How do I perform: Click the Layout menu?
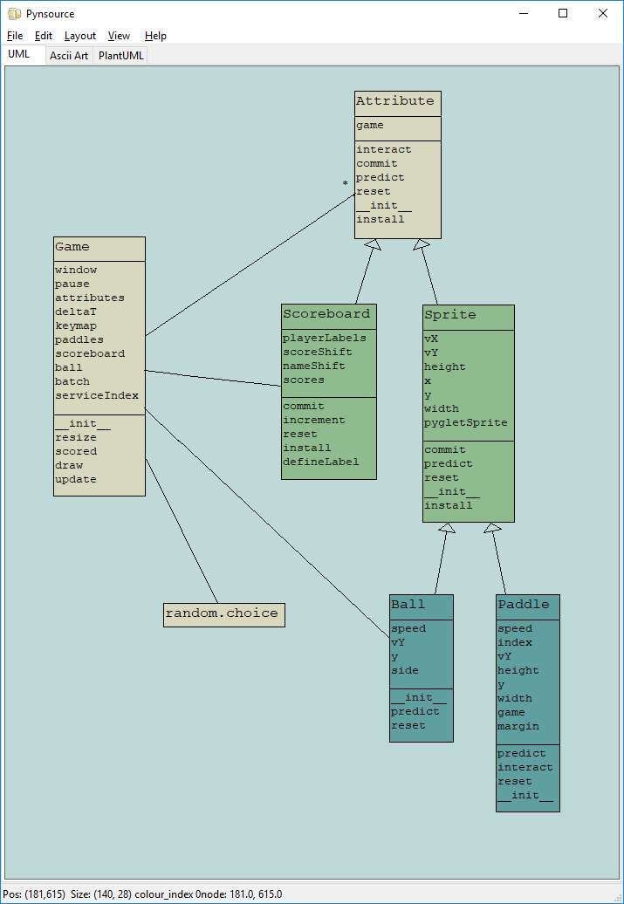(80, 36)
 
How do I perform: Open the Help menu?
(155, 36)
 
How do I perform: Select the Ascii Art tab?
(69, 55)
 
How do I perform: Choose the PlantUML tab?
(121, 55)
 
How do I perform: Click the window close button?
(603, 13)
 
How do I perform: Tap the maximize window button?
(563, 13)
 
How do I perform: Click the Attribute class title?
(394, 101)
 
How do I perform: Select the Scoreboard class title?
(326, 314)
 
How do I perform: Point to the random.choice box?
(223, 613)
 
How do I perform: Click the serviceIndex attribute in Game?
(97, 395)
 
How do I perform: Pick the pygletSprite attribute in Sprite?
(465, 422)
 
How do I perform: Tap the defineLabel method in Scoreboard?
(320, 462)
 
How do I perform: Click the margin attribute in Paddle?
(518, 726)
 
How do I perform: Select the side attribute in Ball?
(405, 670)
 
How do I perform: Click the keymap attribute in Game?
(76, 325)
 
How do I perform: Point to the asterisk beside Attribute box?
(346, 184)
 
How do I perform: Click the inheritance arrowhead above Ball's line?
(447, 528)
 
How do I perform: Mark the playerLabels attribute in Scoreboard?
(325, 338)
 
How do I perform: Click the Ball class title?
(408, 605)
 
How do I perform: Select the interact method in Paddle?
(525, 767)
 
